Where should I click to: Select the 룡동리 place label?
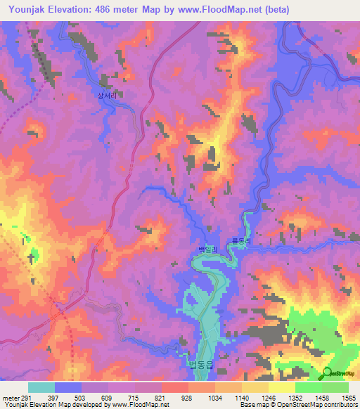click(243, 240)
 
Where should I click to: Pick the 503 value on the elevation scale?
click(81, 397)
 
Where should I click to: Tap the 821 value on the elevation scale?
click(161, 397)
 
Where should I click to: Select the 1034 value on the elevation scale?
click(214, 397)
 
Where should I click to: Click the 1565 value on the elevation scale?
click(348, 397)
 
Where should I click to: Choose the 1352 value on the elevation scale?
click(295, 397)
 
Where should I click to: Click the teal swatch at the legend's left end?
click(41, 387)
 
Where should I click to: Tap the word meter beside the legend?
click(10, 397)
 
